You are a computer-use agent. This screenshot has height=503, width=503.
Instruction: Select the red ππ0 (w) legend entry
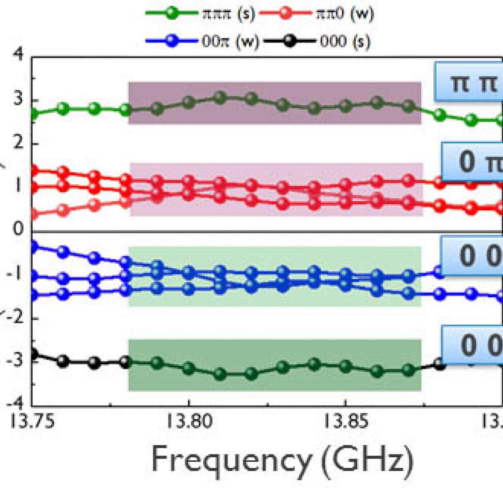click(316, 13)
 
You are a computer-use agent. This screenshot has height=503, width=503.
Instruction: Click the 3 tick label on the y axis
click(18, 100)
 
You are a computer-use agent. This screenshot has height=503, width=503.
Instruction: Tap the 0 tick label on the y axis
click(18, 229)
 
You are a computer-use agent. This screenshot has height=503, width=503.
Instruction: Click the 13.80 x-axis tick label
click(189, 422)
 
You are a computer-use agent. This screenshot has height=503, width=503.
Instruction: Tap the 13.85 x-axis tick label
click(345, 422)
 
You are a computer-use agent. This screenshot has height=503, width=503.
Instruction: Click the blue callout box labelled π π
click(469, 82)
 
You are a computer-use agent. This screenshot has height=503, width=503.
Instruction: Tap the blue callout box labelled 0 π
click(472, 162)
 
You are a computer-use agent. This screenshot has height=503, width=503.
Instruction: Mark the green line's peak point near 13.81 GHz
click(220, 98)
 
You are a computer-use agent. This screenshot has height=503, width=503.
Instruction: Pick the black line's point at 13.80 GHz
click(189, 368)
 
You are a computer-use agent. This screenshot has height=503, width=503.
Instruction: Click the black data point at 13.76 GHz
click(63, 361)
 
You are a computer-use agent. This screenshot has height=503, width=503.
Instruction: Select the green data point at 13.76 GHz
click(63, 109)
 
